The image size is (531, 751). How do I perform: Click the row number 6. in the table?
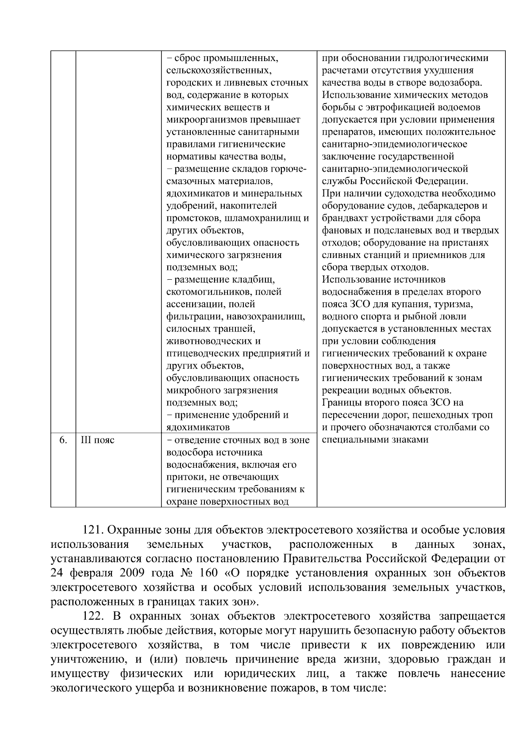63,440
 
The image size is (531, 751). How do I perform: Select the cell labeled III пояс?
97,440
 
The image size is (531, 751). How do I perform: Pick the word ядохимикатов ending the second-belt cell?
198,427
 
